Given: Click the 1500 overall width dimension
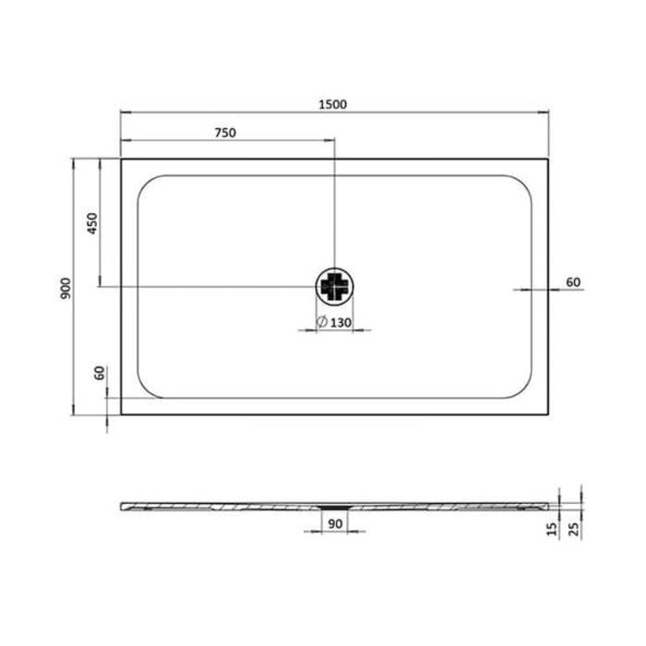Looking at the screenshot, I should (x=333, y=104).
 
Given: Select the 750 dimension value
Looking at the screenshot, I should (x=226, y=132).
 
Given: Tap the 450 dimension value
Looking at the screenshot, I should (x=90, y=223).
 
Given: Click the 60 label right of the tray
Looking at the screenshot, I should (x=573, y=281).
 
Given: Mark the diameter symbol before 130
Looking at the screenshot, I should (x=320, y=322).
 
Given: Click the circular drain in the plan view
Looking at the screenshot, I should (x=334, y=287).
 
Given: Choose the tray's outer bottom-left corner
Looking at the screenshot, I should (x=122, y=415).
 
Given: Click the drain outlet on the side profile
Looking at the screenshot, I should (x=333, y=507).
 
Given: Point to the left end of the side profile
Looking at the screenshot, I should (x=123, y=505).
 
